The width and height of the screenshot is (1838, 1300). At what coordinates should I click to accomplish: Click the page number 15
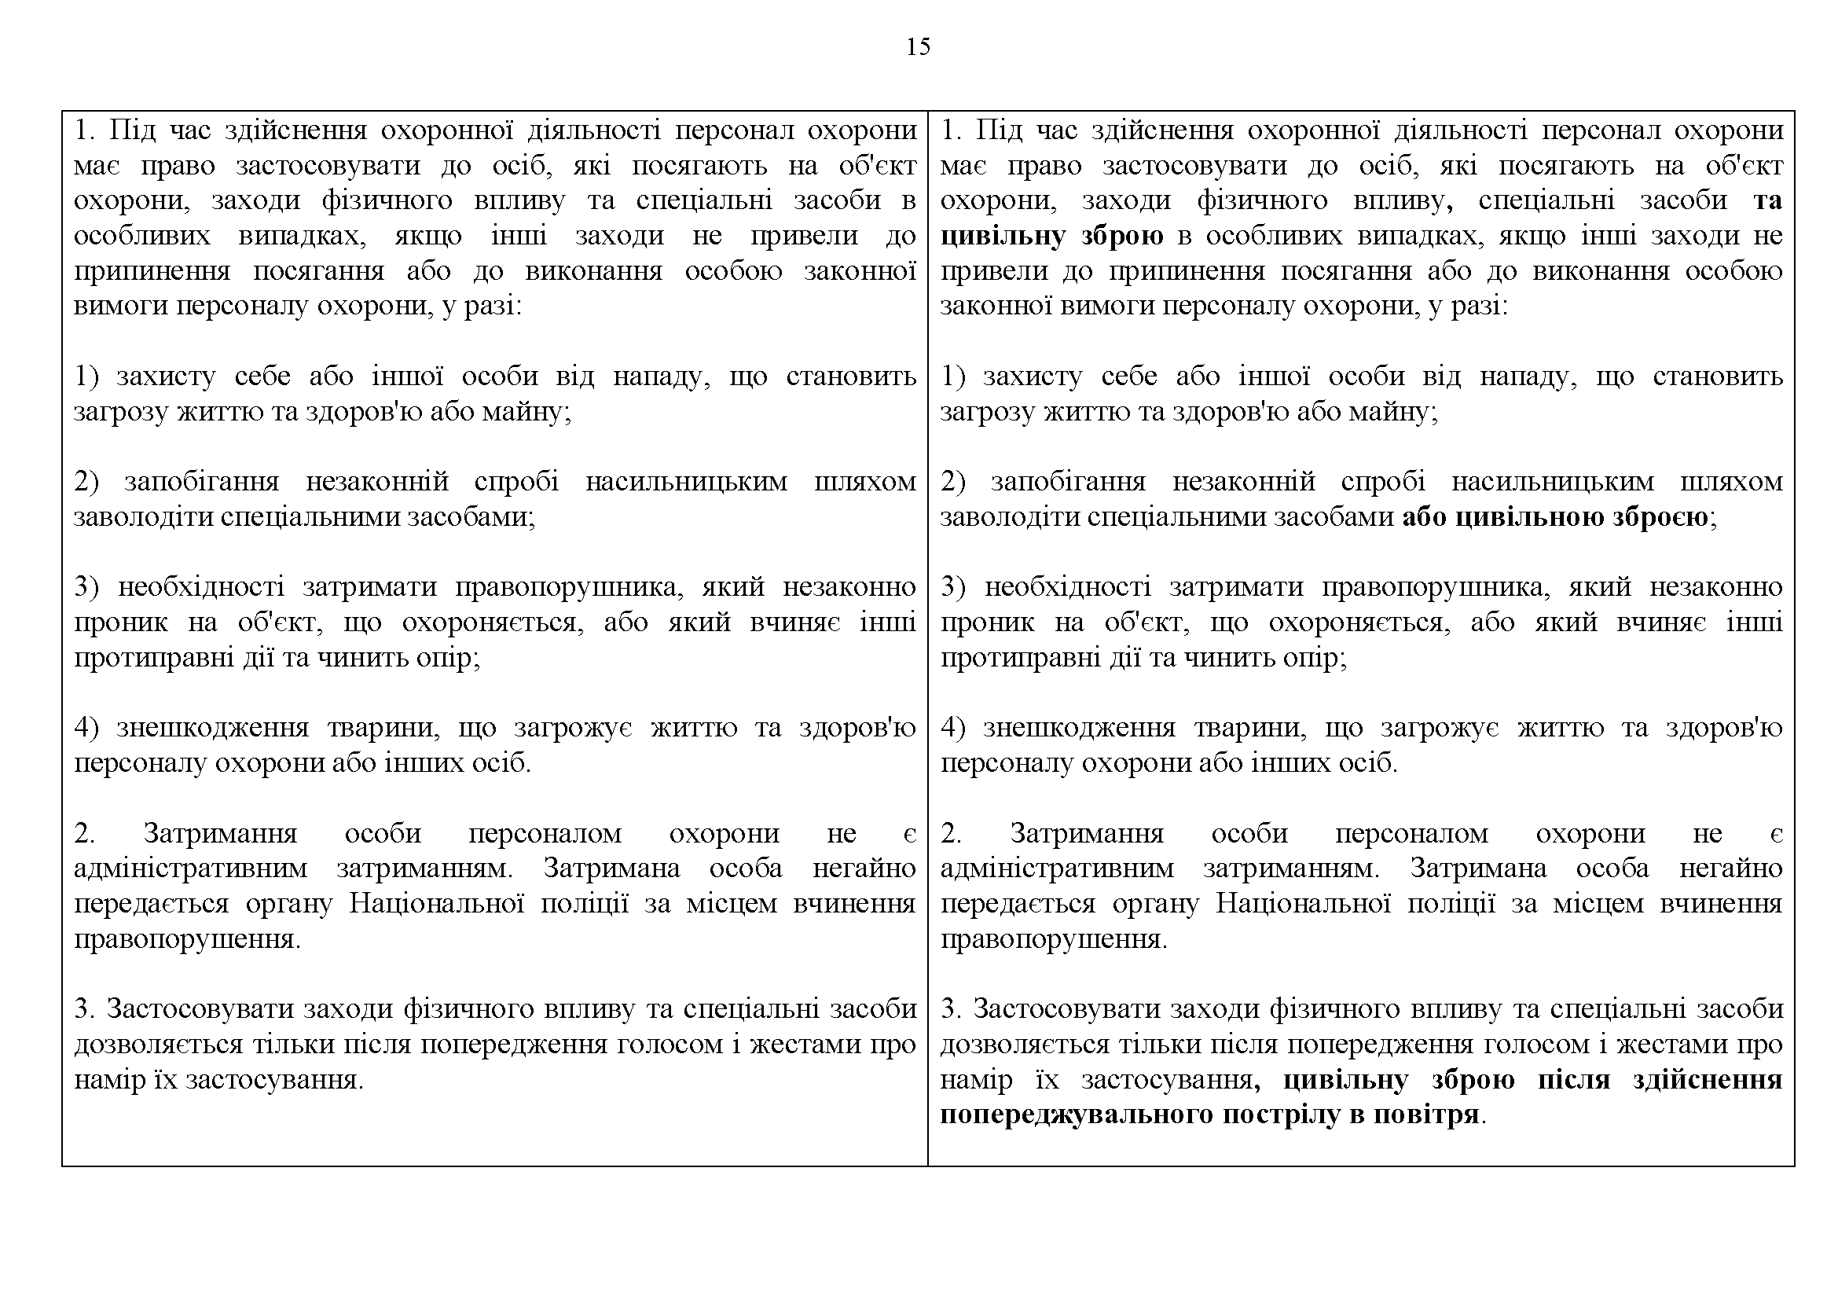(918, 47)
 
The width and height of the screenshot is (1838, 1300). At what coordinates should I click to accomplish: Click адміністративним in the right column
(1058, 869)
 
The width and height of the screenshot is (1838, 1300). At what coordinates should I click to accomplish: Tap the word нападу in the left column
(661, 376)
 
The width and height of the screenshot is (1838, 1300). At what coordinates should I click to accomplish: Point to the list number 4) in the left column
(86, 728)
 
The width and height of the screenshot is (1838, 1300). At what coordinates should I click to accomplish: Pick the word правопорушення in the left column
(187, 939)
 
